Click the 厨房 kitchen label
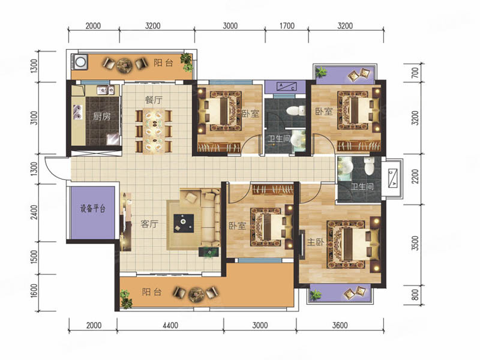[101, 116]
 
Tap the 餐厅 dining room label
[154, 100]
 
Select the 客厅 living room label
[149, 224]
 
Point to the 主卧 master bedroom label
[316, 242]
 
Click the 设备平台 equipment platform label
[93, 208]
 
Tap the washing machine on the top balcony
[80, 62]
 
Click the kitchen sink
[106, 90]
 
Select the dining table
[154, 131]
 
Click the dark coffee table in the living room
[184, 223]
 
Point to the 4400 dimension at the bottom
[170, 325]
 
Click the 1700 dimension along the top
[287, 26]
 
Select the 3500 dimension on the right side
[415, 244]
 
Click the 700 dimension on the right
[415, 73]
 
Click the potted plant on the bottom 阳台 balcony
[126, 299]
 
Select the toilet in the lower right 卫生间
[368, 166]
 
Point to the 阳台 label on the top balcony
[164, 63]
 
